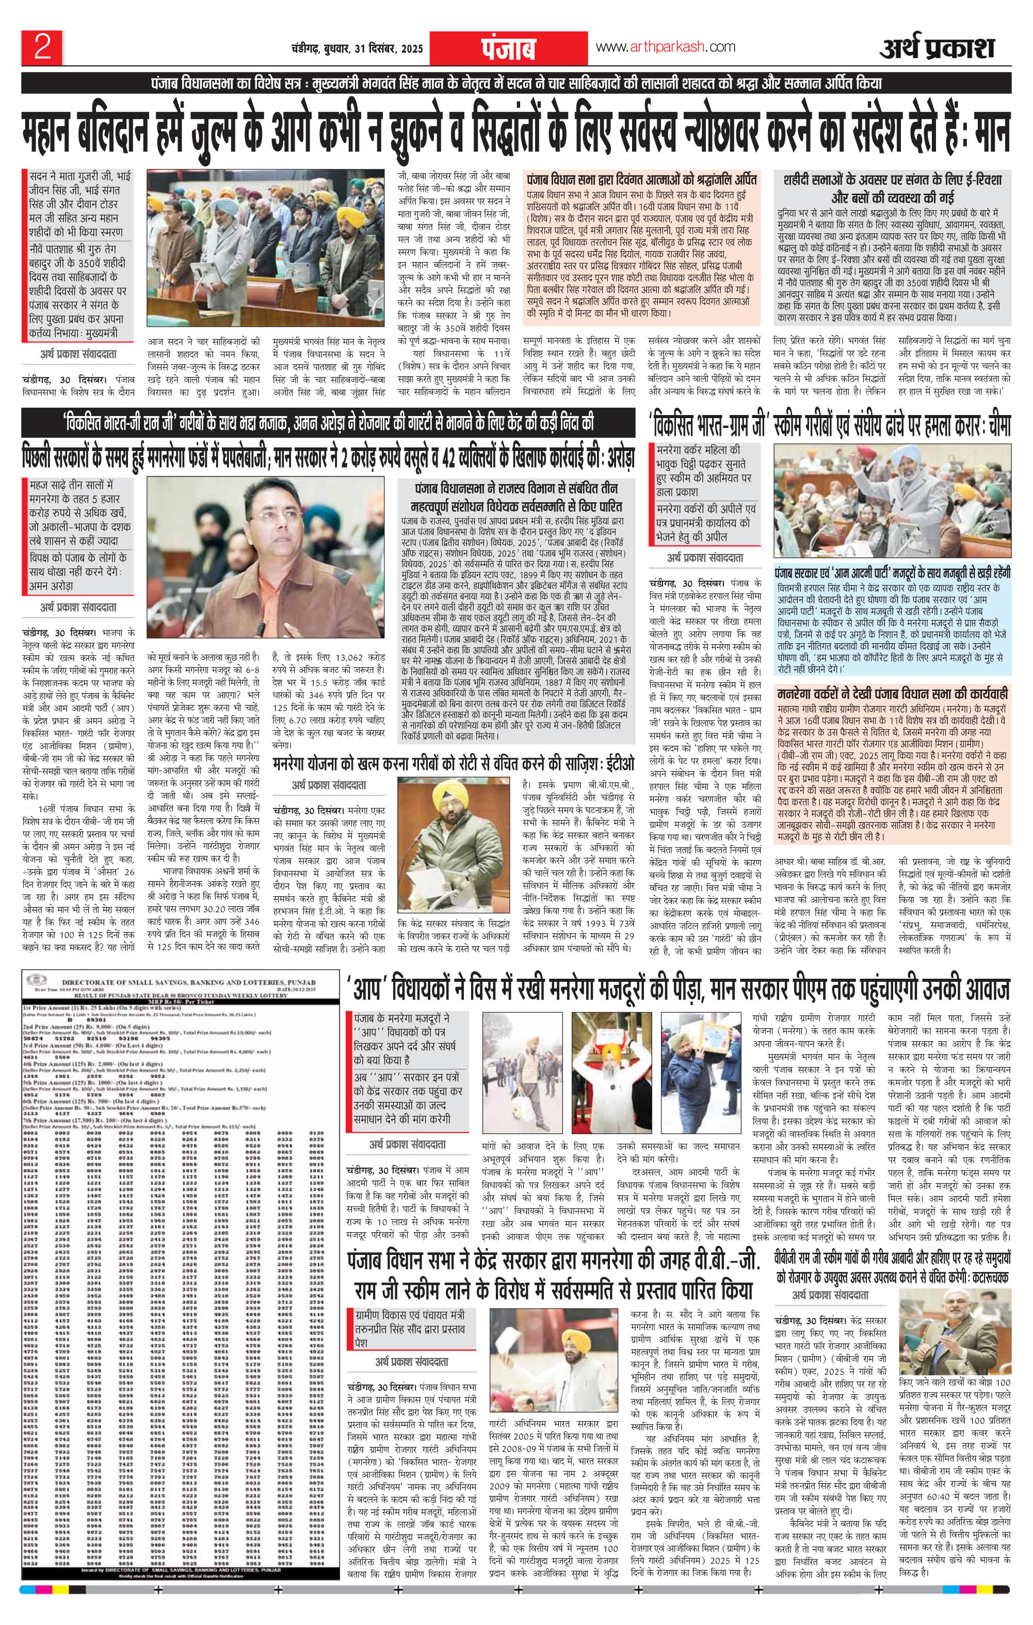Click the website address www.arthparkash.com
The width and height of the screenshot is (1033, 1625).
pos(665,47)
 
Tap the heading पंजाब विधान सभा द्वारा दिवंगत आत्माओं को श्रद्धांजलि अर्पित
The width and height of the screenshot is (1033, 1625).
pos(642,180)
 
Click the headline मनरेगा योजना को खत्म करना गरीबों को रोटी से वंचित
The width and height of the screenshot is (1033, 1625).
pos(454,764)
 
